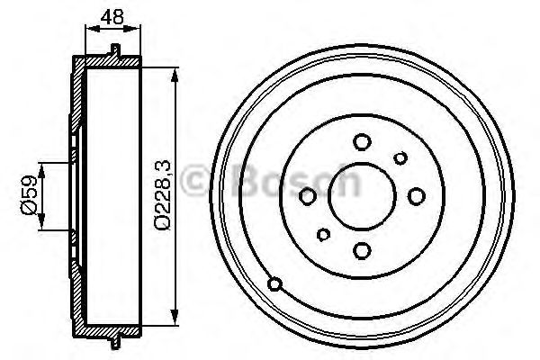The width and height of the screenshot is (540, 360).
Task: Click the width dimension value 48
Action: [113, 15]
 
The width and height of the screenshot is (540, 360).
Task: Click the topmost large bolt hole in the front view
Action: [362, 141]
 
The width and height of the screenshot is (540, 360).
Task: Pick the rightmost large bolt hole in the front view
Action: [416, 195]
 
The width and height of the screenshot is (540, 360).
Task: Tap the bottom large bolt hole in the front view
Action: [362, 250]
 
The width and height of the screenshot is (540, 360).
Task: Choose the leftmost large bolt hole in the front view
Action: [308, 195]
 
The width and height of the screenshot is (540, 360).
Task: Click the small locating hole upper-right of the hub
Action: [400, 158]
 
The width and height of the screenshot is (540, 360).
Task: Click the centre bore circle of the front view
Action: [362, 195]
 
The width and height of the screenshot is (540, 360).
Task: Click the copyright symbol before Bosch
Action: [199, 184]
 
